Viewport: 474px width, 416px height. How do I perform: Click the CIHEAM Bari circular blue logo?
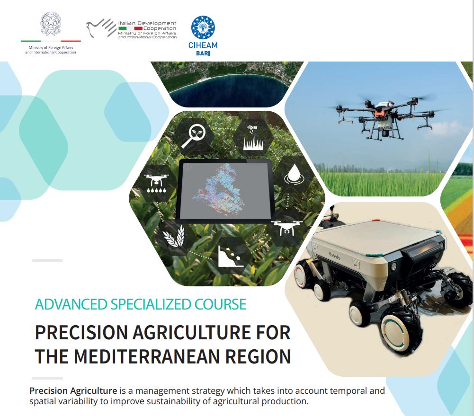203,27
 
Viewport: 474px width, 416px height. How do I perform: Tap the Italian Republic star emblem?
51,24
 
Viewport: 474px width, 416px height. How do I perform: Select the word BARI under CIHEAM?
203,53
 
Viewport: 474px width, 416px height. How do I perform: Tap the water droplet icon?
293,174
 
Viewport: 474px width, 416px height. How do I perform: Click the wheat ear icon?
174,236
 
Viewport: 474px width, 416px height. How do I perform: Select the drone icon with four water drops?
156,183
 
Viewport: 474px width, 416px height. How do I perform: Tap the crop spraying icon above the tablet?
253,139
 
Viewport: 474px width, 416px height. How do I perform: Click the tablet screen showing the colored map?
225,190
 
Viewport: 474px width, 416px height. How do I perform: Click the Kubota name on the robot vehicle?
334,256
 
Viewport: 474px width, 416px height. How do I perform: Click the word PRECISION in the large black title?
81,333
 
